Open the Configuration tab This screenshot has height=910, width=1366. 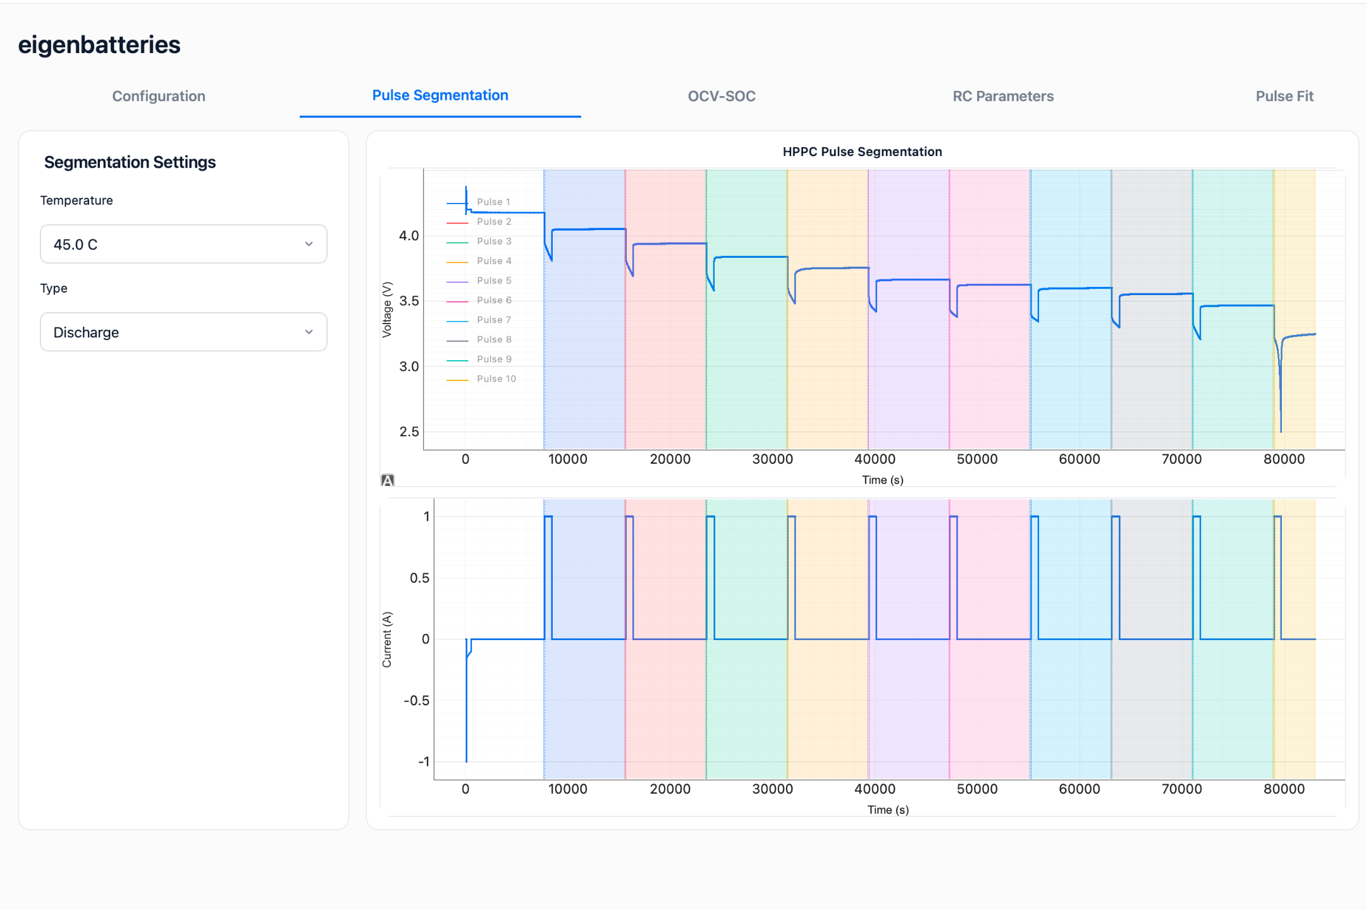click(159, 96)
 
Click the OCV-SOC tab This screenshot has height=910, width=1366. click(722, 96)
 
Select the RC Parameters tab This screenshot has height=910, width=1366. click(1003, 96)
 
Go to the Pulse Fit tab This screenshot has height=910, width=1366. click(1284, 96)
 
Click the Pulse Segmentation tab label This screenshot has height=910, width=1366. click(440, 95)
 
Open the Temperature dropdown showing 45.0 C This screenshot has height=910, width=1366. click(183, 244)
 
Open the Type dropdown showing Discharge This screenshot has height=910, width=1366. click(183, 332)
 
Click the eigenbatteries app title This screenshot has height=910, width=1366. click(99, 45)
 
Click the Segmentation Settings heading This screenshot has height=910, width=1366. click(130, 162)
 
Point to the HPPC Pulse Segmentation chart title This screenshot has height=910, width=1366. click(862, 152)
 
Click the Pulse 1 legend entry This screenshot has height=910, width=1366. click(479, 202)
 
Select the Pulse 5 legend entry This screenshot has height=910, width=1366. click(479, 281)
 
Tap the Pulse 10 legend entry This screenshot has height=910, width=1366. click(482, 379)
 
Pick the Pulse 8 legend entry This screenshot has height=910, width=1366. click(479, 340)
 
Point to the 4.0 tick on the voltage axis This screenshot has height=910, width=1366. click(409, 236)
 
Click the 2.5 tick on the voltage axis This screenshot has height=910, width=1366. click(409, 432)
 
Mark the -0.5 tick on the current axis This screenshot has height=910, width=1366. click(417, 700)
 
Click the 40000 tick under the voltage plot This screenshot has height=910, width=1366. click(875, 459)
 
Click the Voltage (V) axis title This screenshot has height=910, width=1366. click(387, 310)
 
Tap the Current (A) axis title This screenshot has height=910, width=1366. click(387, 640)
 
